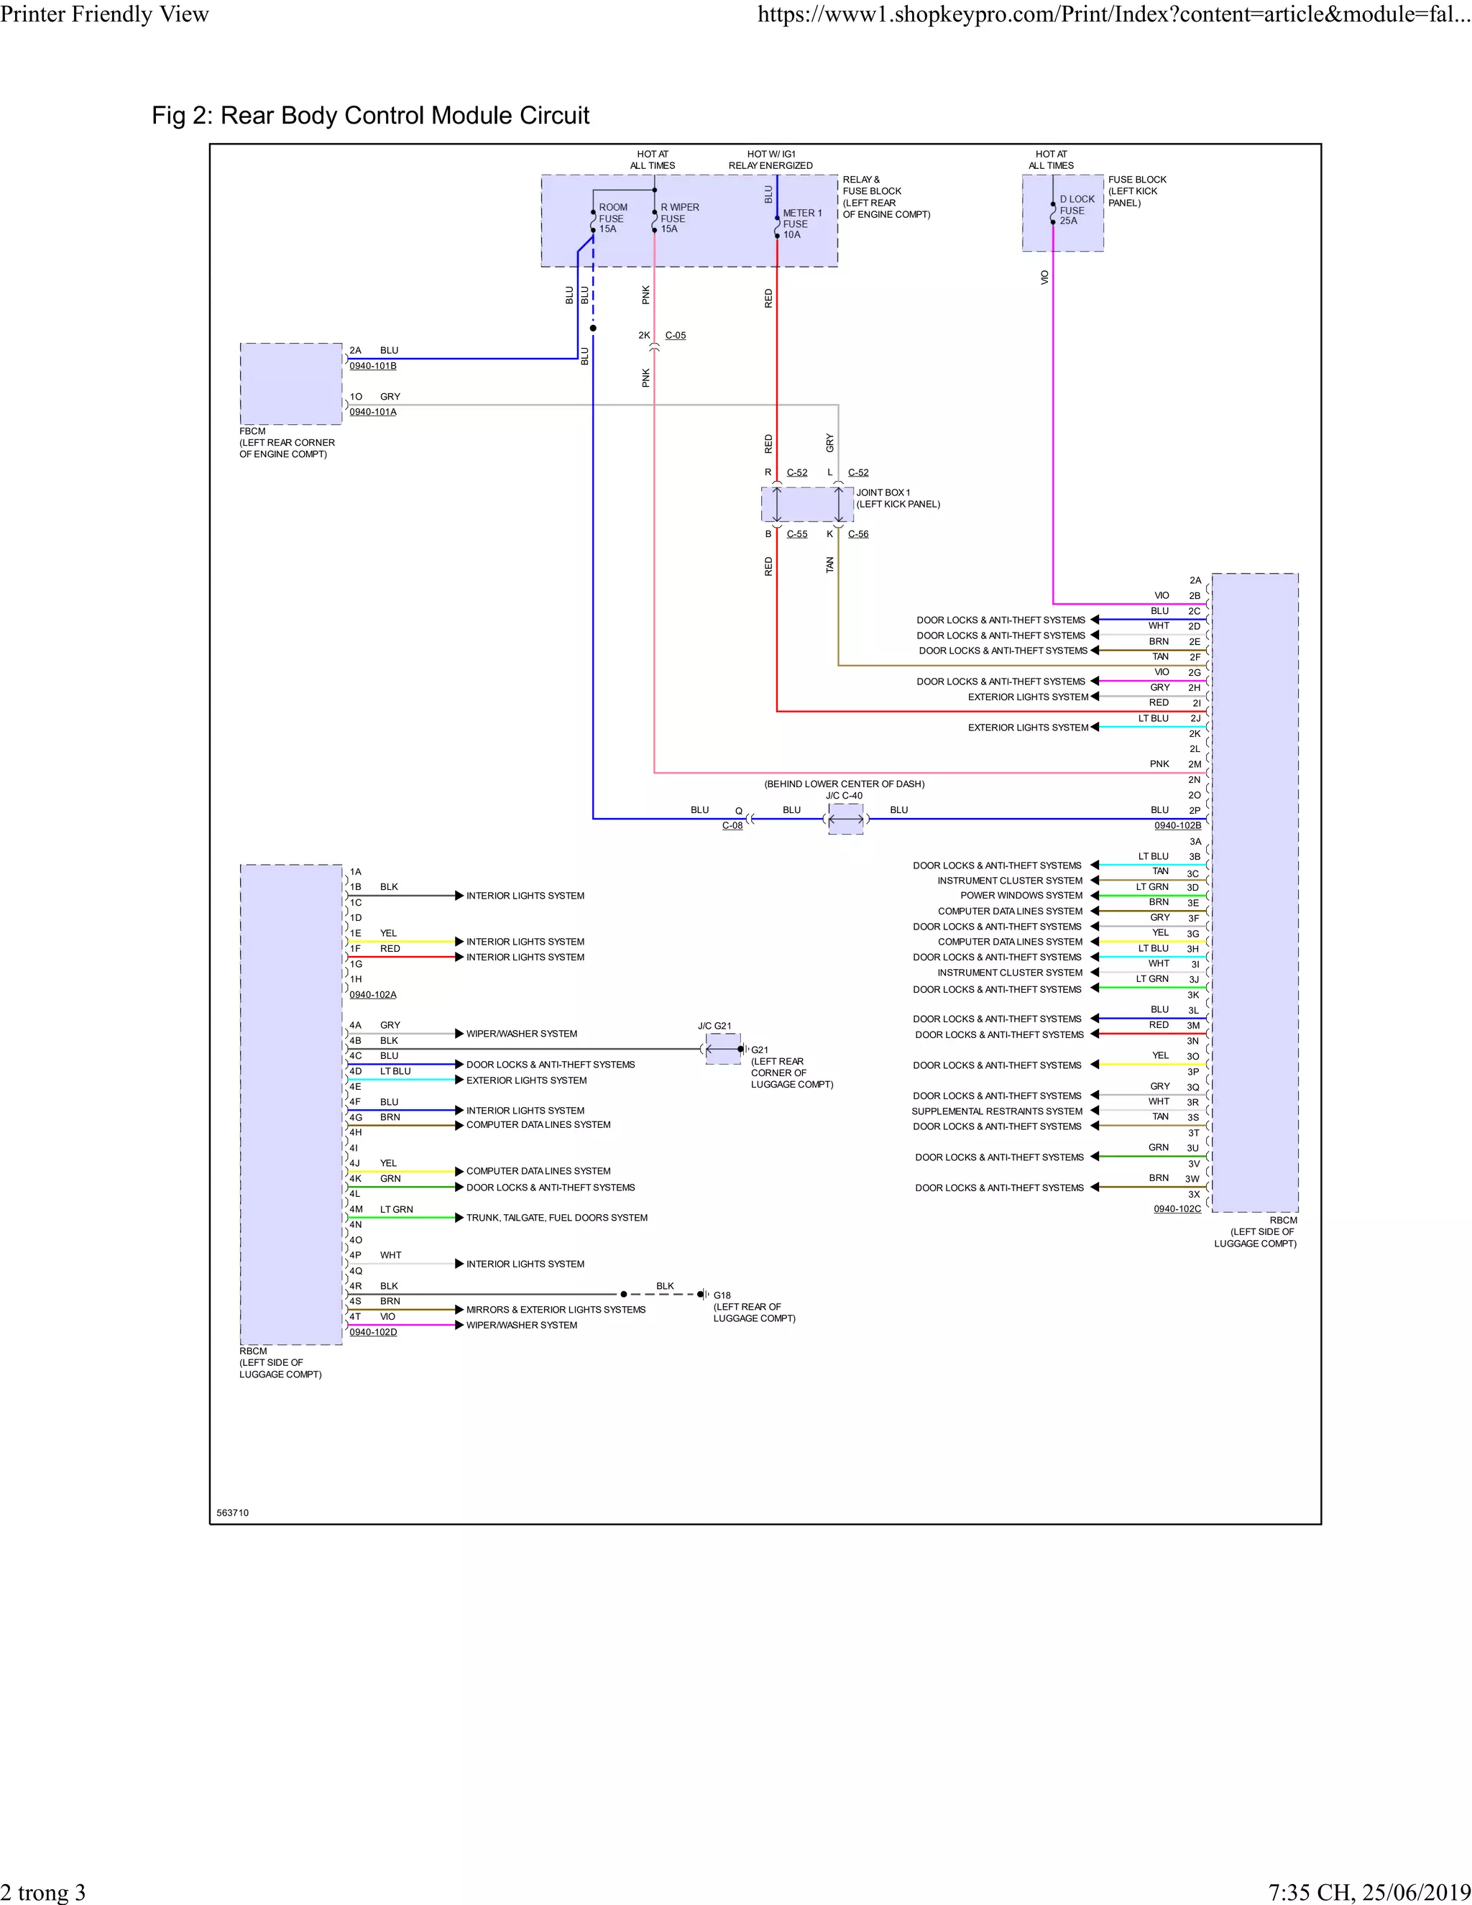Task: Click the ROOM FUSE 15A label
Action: pyautogui.click(x=612, y=218)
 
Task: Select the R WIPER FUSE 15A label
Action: pyautogui.click(x=678, y=218)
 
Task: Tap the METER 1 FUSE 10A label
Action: pyautogui.click(x=801, y=224)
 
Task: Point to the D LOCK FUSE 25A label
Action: pyautogui.click(x=1076, y=210)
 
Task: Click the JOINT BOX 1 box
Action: pyautogui.click(x=806, y=504)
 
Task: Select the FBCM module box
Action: pyautogui.click(x=290, y=384)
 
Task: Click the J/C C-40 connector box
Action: pyautogui.click(x=845, y=819)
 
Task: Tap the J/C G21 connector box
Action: pyautogui.click(x=722, y=1047)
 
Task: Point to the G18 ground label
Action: pyautogui.click(x=722, y=1295)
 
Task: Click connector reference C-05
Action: pyautogui.click(x=675, y=335)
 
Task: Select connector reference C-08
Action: pyautogui.click(x=732, y=825)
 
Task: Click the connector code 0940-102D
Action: pyautogui.click(x=372, y=1332)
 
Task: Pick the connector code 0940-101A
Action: pyautogui.click(x=372, y=412)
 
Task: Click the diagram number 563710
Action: pyautogui.click(x=232, y=1512)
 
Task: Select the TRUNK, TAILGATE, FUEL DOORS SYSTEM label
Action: pyautogui.click(x=556, y=1218)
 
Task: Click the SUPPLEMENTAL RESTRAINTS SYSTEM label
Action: pyautogui.click(x=996, y=1111)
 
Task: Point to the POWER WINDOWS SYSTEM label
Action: pyautogui.click(x=1021, y=895)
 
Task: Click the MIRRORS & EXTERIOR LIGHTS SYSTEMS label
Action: pyautogui.click(x=556, y=1309)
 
